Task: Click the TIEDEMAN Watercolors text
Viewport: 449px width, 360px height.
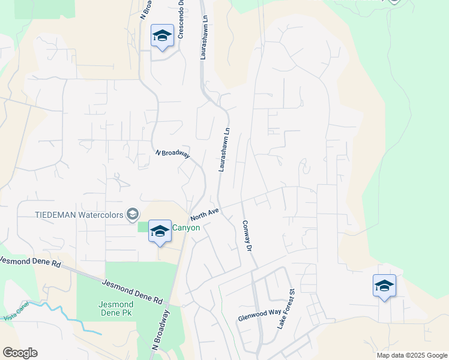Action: (79, 214)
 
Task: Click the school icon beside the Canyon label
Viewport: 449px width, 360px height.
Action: (160, 232)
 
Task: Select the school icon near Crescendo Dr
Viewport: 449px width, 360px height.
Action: (162, 37)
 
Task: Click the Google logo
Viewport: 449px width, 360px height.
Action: (20, 353)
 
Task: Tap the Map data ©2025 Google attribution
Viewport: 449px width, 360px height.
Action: (412, 355)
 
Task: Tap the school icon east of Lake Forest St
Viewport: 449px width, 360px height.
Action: (384, 286)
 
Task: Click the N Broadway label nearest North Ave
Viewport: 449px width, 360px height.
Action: (172, 154)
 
